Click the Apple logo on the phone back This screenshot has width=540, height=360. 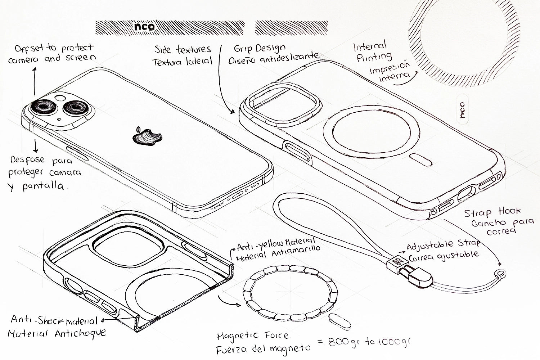pyautogui.click(x=147, y=136)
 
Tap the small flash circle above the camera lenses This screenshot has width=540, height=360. pyautogui.click(x=60, y=98)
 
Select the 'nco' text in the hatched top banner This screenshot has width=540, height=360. pyautogui.click(x=144, y=27)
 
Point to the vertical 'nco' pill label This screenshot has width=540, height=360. pyautogui.click(x=462, y=110)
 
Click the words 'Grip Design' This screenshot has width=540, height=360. pyautogui.click(x=260, y=49)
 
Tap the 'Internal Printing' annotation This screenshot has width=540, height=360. pyautogui.click(x=373, y=52)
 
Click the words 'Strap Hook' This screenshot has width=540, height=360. pyautogui.click(x=492, y=212)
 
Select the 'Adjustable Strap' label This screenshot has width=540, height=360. pyautogui.click(x=443, y=245)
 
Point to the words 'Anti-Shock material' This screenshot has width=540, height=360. pyautogui.click(x=54, y=320)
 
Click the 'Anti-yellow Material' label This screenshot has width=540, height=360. pyautogui.click(x=276, y=244)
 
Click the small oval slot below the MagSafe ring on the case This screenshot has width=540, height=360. pyautogui.click(x=420, y=159)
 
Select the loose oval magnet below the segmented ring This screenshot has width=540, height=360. pyautogui.click(x=340, y=321)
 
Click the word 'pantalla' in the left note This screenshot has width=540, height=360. pyautogui.click(x=44, y=186)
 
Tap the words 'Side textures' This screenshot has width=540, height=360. pyautogui.click(x=183, y=49)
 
